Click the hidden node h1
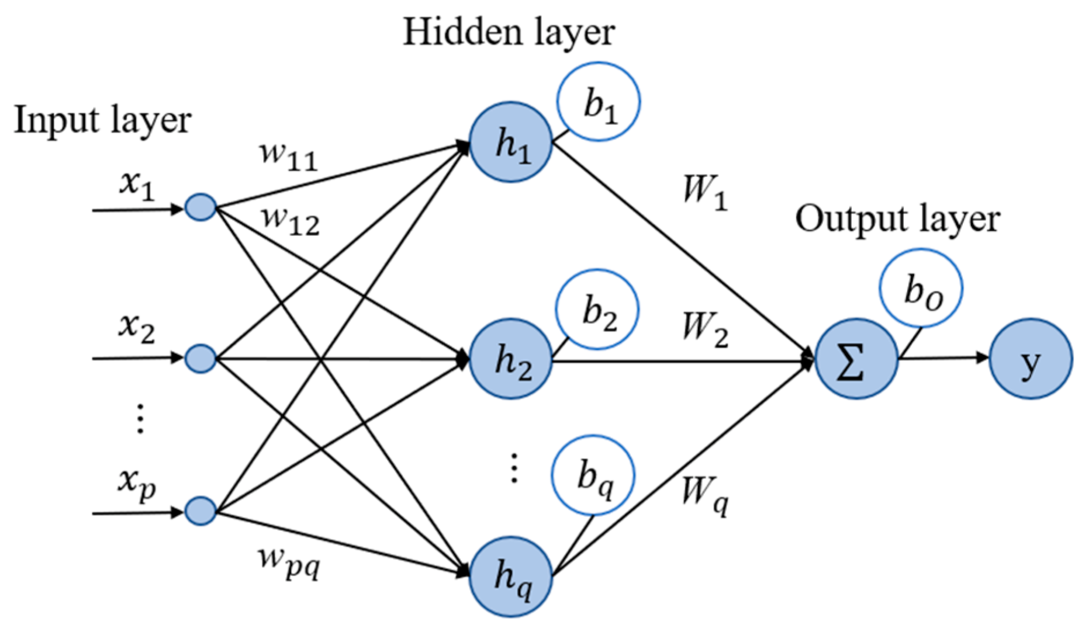(511, 142)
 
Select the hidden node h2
(511, 359)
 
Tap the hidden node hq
(511, 576)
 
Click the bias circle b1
(598, 102)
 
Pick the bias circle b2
(597, 310)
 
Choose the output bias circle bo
(921, 289)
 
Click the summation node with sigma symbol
(856, 359)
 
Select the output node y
(1030, 359)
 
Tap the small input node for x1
(201, 207)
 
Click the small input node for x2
(201, 358)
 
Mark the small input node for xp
(201, 511)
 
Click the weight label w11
(288, 157)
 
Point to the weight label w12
(291, 221)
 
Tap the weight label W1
(705, 193)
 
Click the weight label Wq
(705, 494)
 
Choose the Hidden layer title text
(509, 32)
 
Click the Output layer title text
(897, 220)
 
